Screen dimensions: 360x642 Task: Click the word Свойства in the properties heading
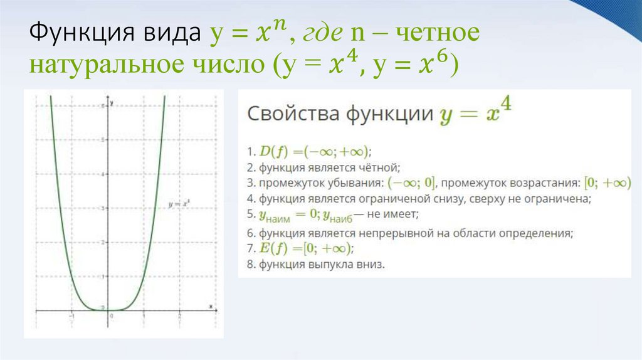(x=290, y=115)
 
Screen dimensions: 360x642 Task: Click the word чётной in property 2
(x=378, y=167)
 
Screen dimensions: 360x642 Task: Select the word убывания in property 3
(x=354, y=184)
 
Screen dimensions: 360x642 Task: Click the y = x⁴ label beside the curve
(x=181, y=204)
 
